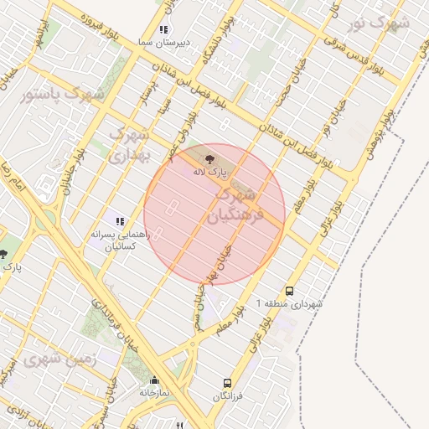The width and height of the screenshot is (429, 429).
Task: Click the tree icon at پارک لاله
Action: tap(209, 158)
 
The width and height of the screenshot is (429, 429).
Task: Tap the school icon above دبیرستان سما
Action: tap(175, 29)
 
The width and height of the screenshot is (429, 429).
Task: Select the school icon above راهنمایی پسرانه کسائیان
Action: tap(120, 222)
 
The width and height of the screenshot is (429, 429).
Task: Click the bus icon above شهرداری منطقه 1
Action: tap(289, 291)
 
